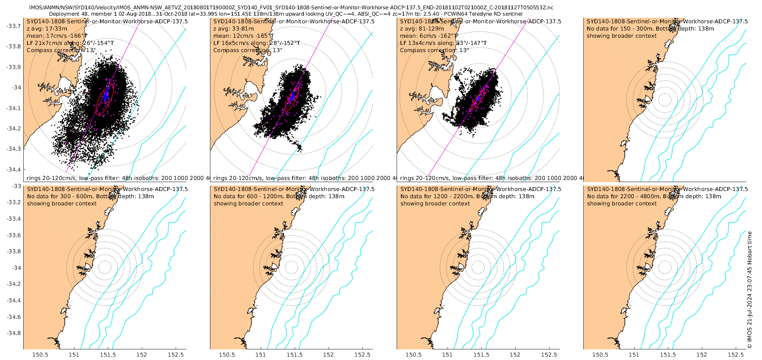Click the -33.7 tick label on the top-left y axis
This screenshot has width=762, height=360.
(x=14, y=26)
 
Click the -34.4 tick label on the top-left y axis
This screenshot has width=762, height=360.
(x=14, y=169)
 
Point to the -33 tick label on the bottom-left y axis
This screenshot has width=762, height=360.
(x=17, y=186)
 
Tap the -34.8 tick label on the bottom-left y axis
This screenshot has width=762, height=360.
(x=14, y=333)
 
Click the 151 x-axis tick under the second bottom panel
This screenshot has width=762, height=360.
(x=261, y=355)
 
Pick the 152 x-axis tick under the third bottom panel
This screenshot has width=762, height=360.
(x=515, y=355)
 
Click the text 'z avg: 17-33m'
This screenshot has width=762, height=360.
(x=47, y=29)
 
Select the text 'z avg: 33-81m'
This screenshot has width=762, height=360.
(x=234, y=29)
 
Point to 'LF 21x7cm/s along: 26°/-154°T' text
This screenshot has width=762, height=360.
(x=70, y=43)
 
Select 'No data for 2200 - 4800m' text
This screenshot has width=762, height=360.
(x=622, y=197)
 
